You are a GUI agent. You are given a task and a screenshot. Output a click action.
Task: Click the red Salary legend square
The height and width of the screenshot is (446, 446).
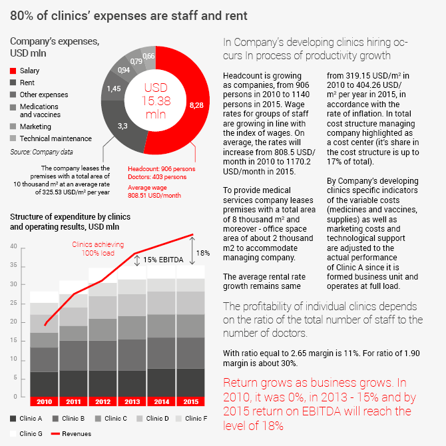click(13, 71)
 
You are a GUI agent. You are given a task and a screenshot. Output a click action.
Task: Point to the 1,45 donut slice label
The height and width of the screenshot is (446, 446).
click(114, 89)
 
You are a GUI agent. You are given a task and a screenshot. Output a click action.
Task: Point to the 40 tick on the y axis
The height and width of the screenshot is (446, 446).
click(13, 246)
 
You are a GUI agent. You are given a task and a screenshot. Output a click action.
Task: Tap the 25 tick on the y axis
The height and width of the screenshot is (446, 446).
click(13, 303)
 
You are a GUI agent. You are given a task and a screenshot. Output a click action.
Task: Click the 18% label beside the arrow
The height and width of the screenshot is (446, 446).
click(203, 252)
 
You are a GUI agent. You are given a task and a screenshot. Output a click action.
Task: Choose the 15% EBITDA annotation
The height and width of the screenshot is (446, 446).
click(164, 260)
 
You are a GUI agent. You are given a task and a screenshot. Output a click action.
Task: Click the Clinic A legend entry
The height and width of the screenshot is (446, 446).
click(26, 418)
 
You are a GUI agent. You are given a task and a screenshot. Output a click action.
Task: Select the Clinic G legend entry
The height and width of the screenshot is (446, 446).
click(26, 433)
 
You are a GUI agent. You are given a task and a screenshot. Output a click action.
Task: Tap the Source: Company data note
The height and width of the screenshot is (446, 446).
click(36, 152)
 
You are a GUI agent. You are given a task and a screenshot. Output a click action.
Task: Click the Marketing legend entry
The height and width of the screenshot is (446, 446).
click(35, 126)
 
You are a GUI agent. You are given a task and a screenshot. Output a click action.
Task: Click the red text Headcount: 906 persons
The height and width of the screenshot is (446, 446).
click(162, 169)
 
